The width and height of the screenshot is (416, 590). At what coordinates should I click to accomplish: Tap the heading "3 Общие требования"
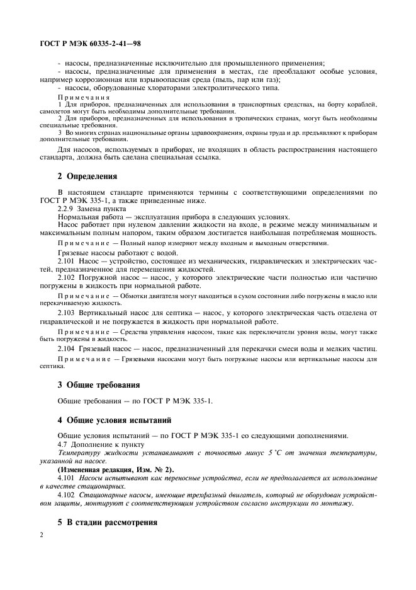pyautogui.click(x=98, y=385)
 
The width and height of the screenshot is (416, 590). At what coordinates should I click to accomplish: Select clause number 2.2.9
pyautogui.click(x=67, y=207)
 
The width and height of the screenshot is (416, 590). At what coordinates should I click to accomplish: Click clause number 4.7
pyautogui.click(x=64, y=444)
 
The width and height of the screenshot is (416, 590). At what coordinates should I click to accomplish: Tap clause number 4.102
pyautogui.click(x=67, y=495)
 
